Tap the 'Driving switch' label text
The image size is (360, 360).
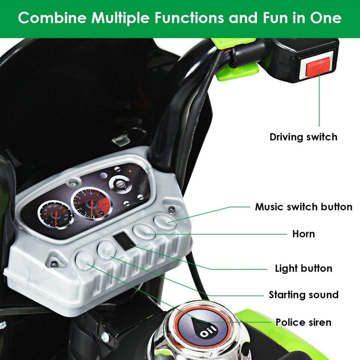(x=303, y=137)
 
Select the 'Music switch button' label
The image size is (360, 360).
(x=304, y=207)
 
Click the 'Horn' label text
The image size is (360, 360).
(x=303, y=234)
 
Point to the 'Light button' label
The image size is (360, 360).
(x=304, y=268)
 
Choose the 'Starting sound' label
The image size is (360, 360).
(x=304, y=295)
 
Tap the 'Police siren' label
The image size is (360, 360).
(x=303, y=322)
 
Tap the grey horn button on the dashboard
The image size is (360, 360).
(x=144, y=232)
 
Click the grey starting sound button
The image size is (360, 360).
(x=106, y=250)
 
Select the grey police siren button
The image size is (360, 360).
(x=85, y=260)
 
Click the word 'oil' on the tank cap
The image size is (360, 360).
(x=208, y=331)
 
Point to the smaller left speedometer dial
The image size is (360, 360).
(x=56, y=215)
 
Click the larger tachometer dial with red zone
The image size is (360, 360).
(x=92, y=203)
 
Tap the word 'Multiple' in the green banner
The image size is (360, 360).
(x=120, y=18)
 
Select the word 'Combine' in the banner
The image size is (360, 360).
(x=52, y=18)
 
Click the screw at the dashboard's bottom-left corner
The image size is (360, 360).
(x=55, y=264)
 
